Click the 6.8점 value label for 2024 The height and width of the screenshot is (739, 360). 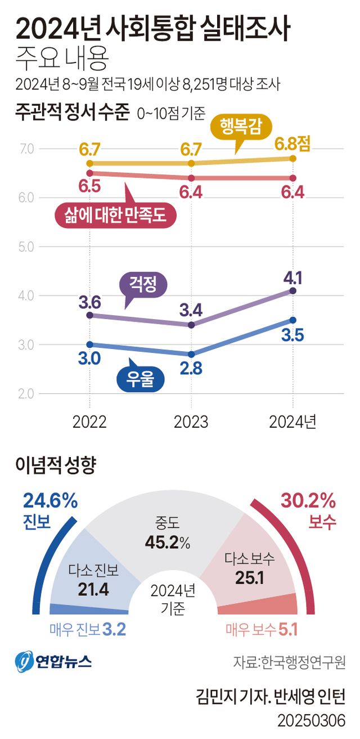pyautogui.click(x=292, y=144)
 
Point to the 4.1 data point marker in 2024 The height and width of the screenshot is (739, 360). pyautogui.click(x=292, y=290)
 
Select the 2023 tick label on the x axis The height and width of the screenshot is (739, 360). pyautogui.click(x=191, y=422)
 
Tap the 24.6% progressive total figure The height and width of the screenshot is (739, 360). pyautogui.click(x=50, y=500)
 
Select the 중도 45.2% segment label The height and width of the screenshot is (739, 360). pyautogui.click(x=167, y=533)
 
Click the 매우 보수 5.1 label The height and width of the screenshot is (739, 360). pyautogui.click(x=261, y=630)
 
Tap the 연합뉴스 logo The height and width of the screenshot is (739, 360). pyautogui.click(x=53, y=661)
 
